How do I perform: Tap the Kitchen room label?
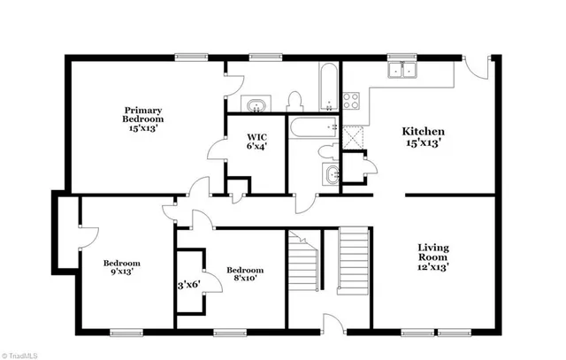pos(423,136)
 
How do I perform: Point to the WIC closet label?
pos(257,142)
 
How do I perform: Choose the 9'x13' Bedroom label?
pos(122,268)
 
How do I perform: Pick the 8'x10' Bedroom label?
pos(244,275)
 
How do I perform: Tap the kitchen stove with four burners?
pos(351,100)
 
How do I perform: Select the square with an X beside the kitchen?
pos(355,137)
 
